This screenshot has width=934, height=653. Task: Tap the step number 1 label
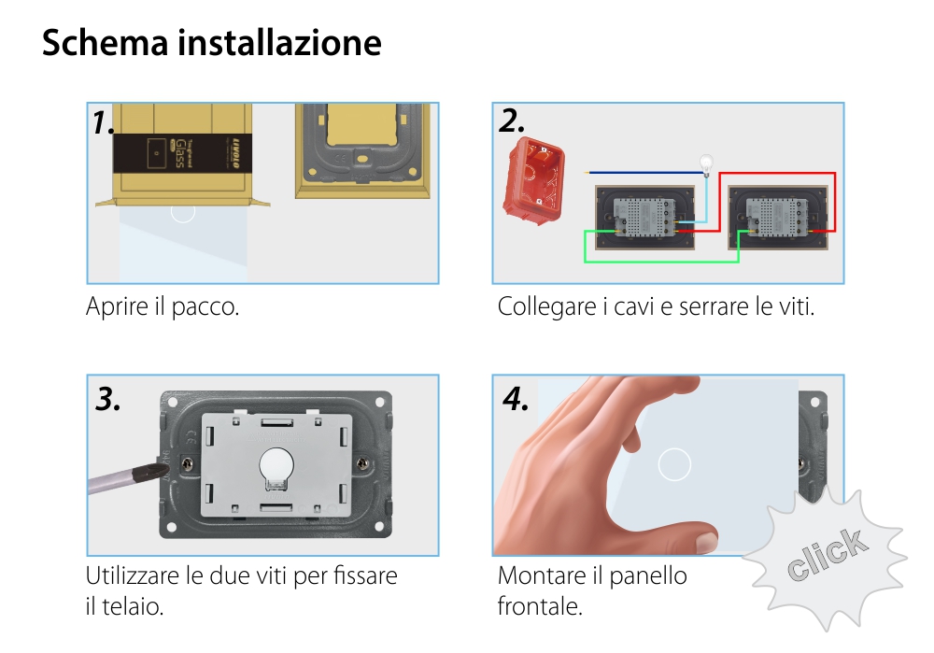tap(105, 122)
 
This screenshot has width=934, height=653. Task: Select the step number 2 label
tap(512, 121)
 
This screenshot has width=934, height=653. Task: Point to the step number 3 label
tap(108, 399)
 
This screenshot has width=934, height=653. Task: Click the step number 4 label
tap(516, 399)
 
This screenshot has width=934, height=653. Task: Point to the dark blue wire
tap(644, 172)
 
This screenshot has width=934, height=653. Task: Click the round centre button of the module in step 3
tap(274, 463)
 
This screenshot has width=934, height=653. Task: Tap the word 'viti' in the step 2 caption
tap(795, 306)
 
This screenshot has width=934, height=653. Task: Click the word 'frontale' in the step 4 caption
tap(539, 606)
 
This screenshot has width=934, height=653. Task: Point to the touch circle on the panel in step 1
tap(183, 211)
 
